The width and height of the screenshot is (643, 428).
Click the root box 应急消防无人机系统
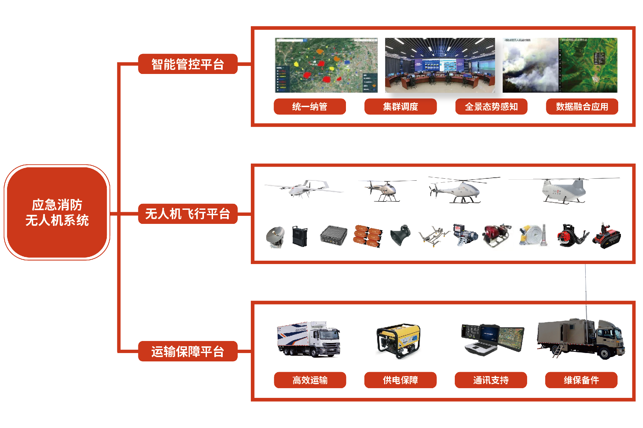point(57,212)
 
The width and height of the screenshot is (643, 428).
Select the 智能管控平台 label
point(188,64)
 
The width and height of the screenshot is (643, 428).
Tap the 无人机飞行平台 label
point(188,214)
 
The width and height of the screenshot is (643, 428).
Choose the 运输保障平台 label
point(188,351)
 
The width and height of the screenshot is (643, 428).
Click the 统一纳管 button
point(310,106)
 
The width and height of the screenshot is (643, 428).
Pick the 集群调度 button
point(401,106)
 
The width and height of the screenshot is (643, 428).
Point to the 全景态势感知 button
point(491,106)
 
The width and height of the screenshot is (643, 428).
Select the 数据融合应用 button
point(582,106)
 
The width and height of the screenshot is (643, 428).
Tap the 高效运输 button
point(310,380)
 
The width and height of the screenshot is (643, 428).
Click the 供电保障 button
point(401,380)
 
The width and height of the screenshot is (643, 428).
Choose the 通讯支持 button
point(491,380)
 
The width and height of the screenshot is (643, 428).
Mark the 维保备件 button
point(581,380)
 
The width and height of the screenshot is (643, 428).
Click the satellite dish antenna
point(275,236)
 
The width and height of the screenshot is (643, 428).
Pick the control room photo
point(440,65)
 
